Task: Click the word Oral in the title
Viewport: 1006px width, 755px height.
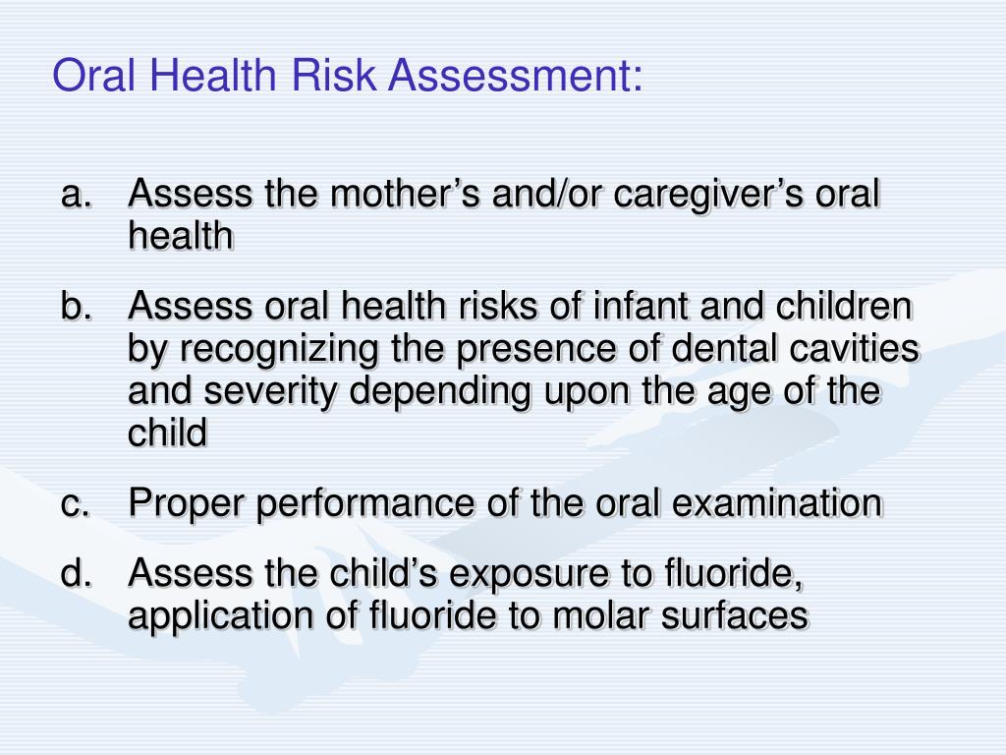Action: coord(89,76)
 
